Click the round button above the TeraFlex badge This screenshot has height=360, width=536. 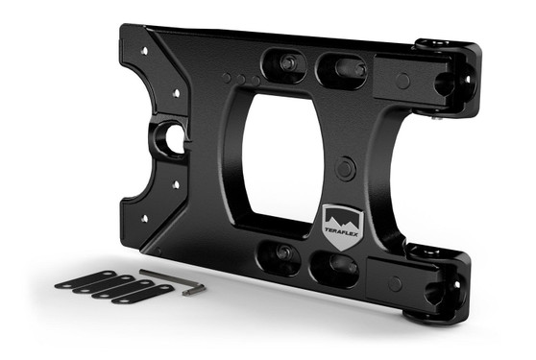pyautogui.click(x=344, y=168)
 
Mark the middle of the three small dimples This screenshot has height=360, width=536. pyautogui.click(x=242, y=79)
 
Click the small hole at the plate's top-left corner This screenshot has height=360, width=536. pyautogui.click(x=145, y=51)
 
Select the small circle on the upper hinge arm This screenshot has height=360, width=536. pyautogui.click(x=403, y=81)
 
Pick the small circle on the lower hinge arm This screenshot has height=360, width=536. pyautogui.click(x=393, y=283)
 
